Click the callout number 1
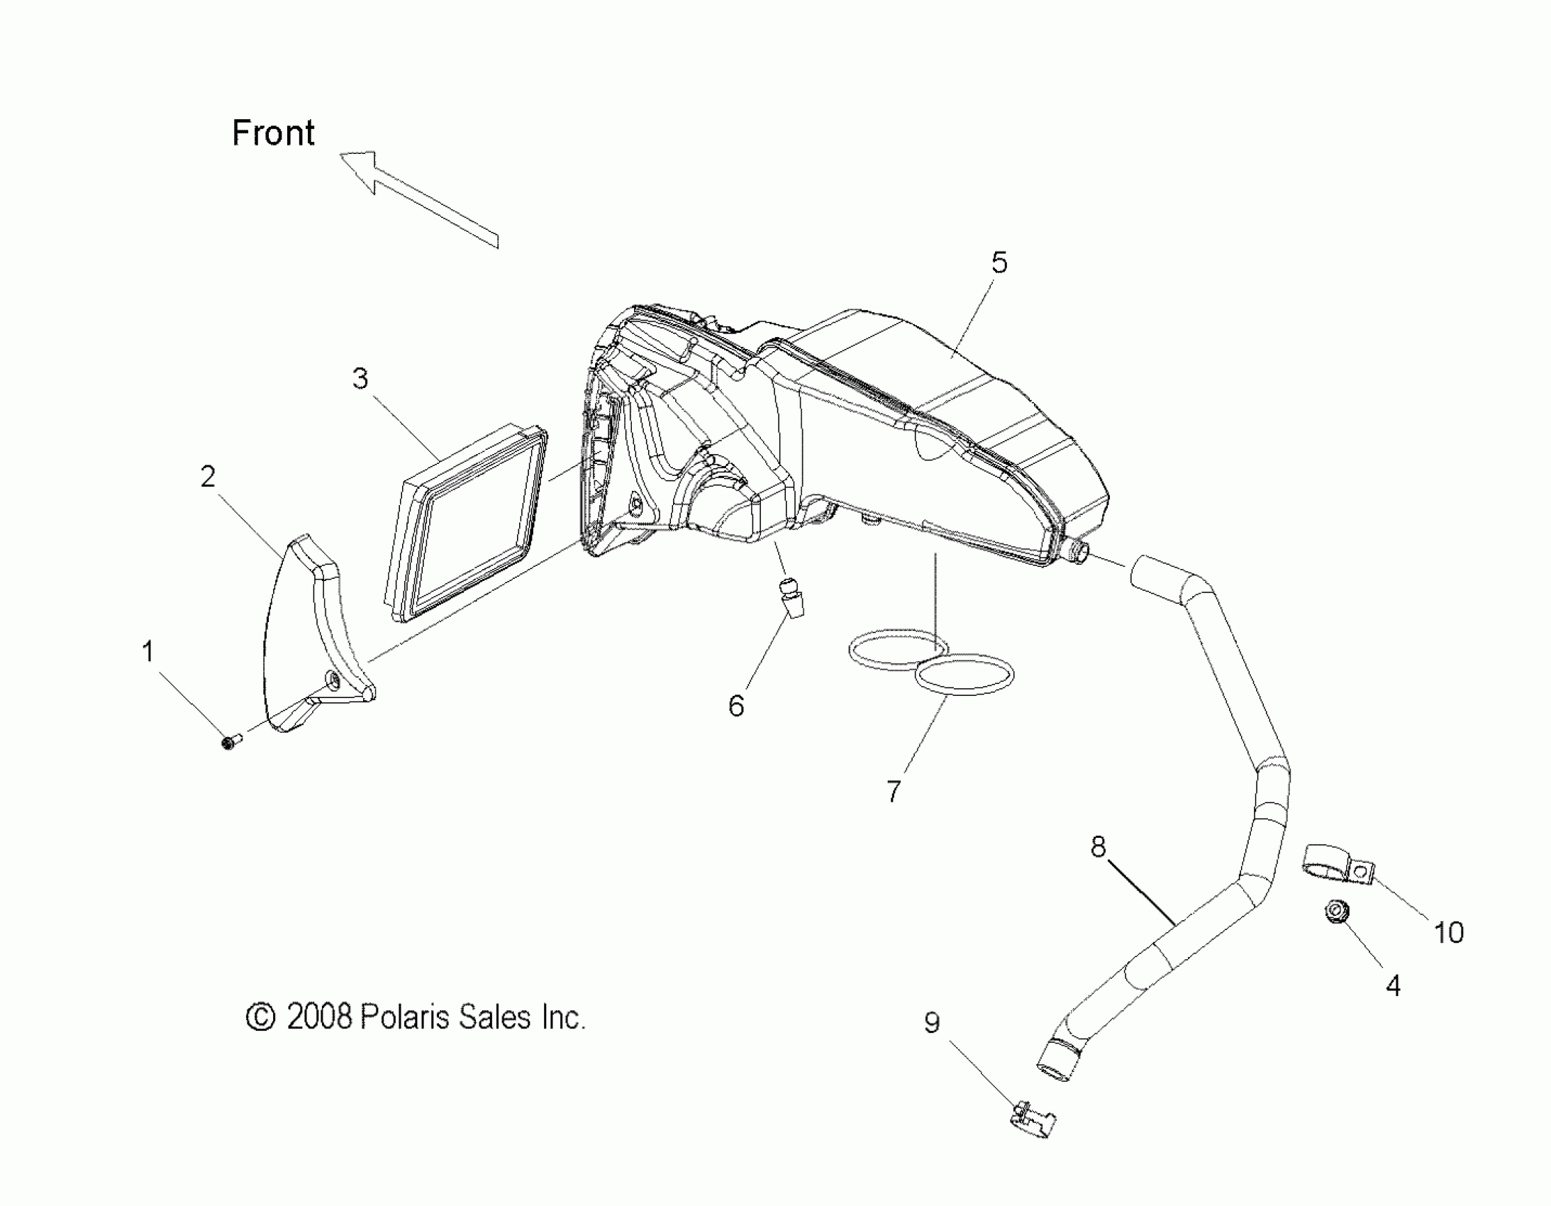pyautogui.click(x=148, y=651)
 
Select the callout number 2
pyautogui.click(x=207, y=477)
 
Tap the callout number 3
pyautogui.click(x=360, y=379)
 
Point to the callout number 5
pyautogui.click(x=999, y=262)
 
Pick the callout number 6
pyautogui.click(x=736, y=706)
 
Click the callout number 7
pyautogui.click(x=894, y=790)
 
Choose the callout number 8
pyautogui.click(x=1098, y=846)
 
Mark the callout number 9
pyautogui.click(x=932, y=1023)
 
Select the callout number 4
pyautogui.click(x=1393, y=986)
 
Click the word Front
pyautogui.click(x=274, y=133)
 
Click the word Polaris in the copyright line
pyautogui.click(x=406, y=1017)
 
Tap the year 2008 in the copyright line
pyautogui.click(x=318, y=1017)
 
